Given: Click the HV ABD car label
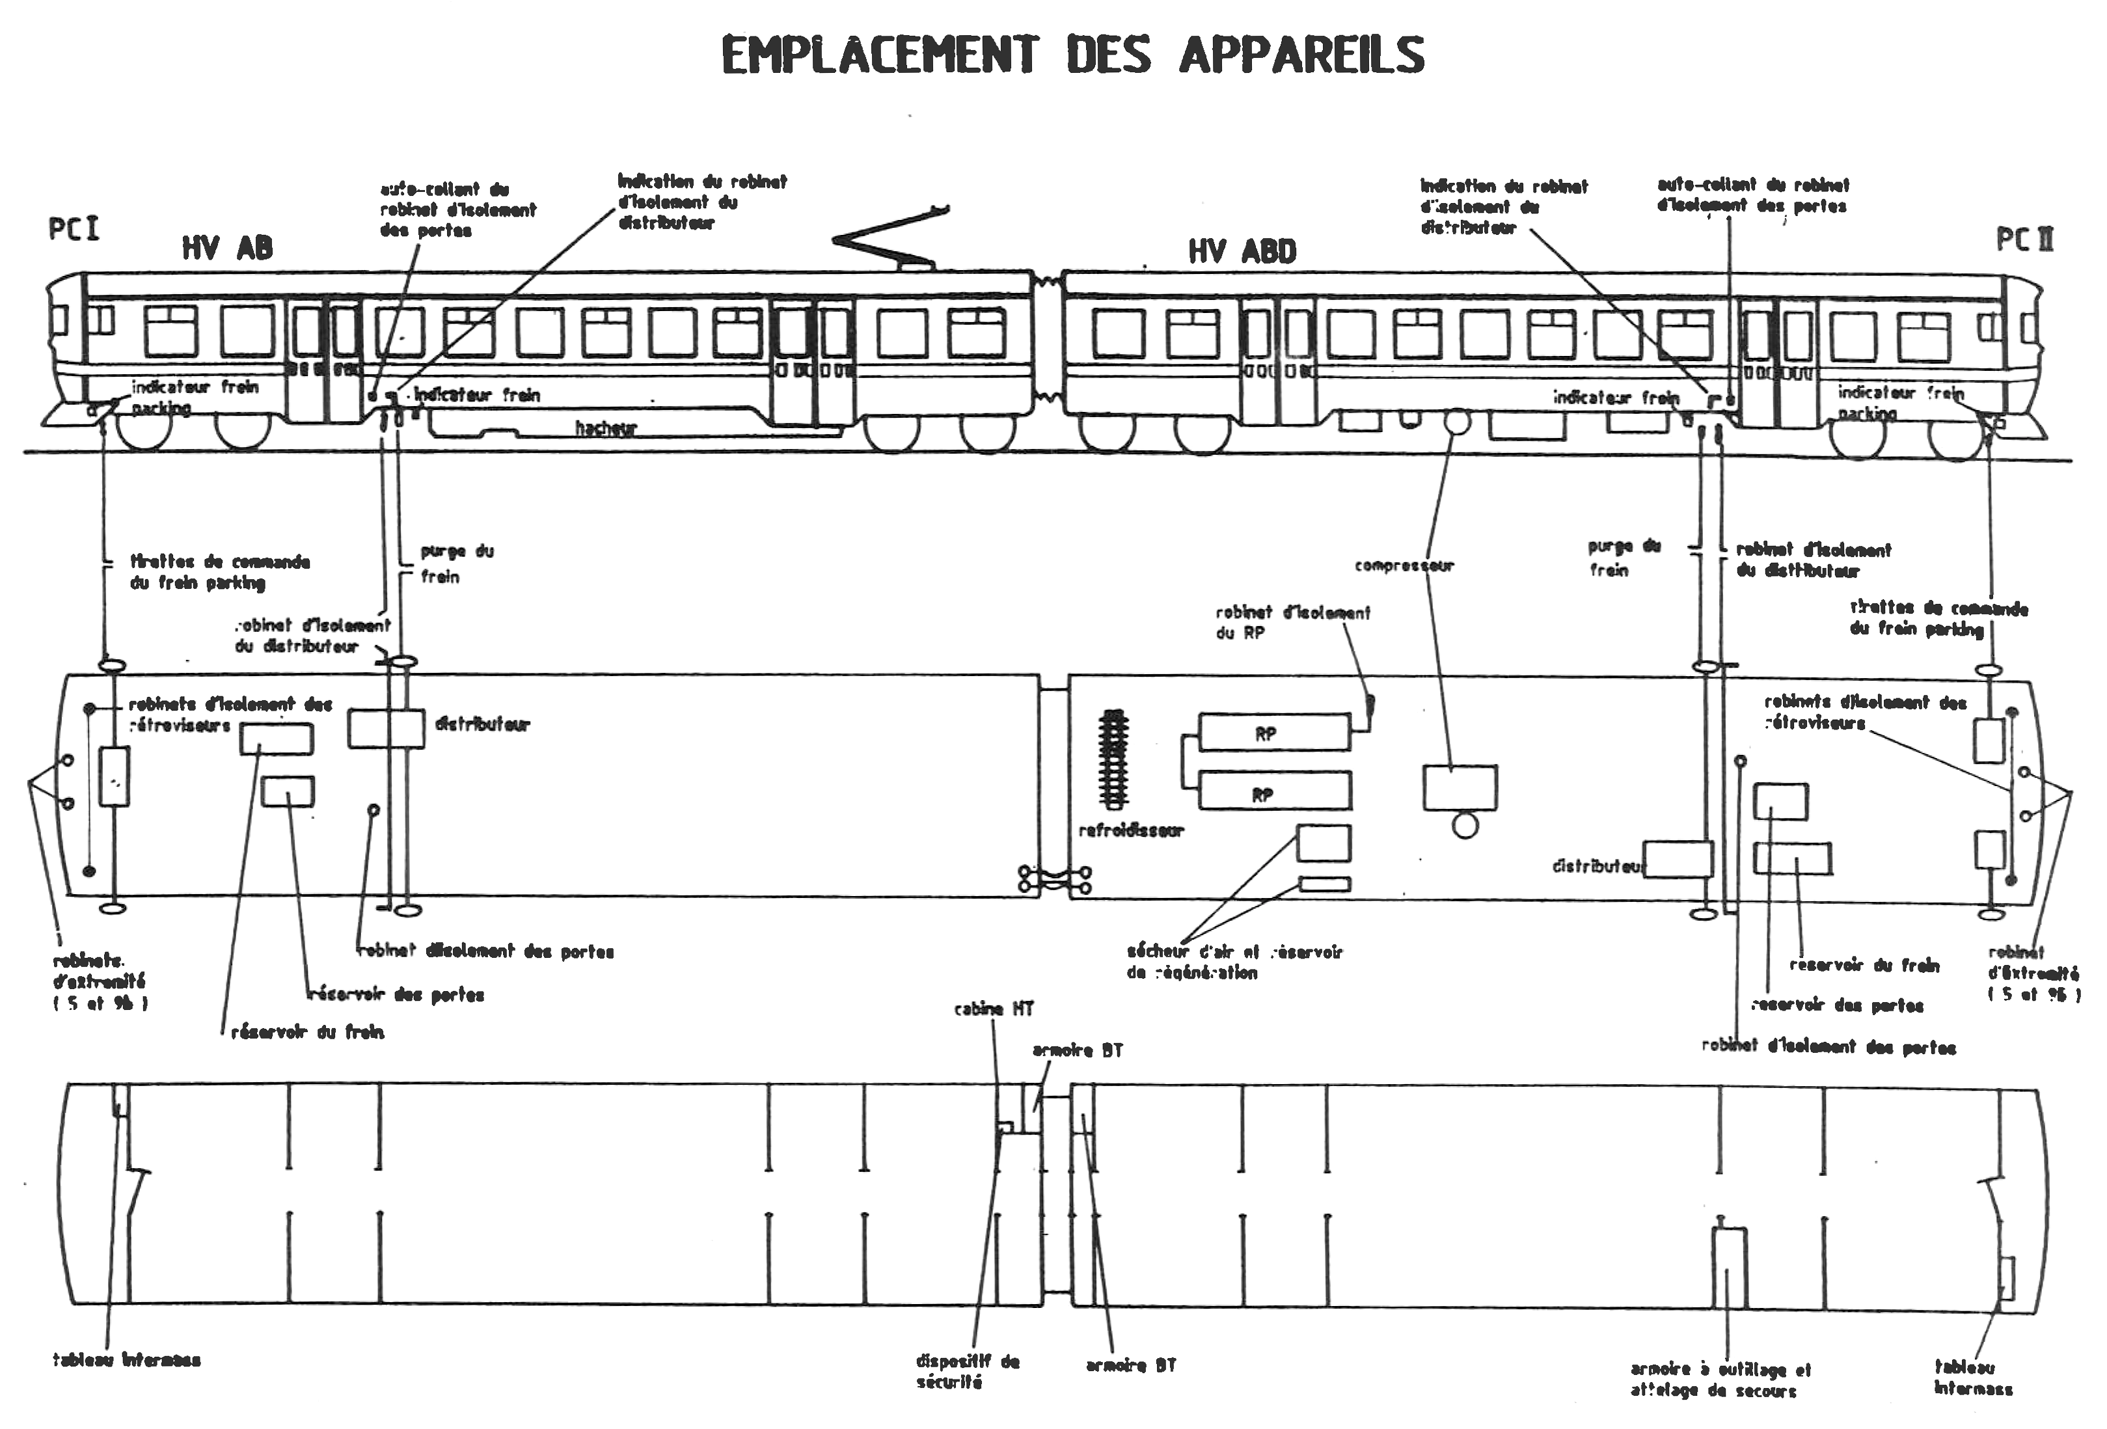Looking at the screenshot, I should click(x=1242, y=251).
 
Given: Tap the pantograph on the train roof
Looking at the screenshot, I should click(x=893, y=240).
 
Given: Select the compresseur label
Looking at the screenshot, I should click(x=1404, y=565).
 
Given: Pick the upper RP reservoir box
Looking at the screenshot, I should click(x=1274, y=733).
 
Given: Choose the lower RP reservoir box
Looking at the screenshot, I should click(x=1274, y=791).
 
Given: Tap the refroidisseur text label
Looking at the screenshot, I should click(x=1130, y=830).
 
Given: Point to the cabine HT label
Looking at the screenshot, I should click(x=994, y=1009).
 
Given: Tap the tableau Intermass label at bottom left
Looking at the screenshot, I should click(x=126, y=1360).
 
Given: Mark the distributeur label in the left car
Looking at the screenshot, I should click(x=482, y=724).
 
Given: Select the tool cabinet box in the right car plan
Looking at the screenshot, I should click(x=1728, y=1268).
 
